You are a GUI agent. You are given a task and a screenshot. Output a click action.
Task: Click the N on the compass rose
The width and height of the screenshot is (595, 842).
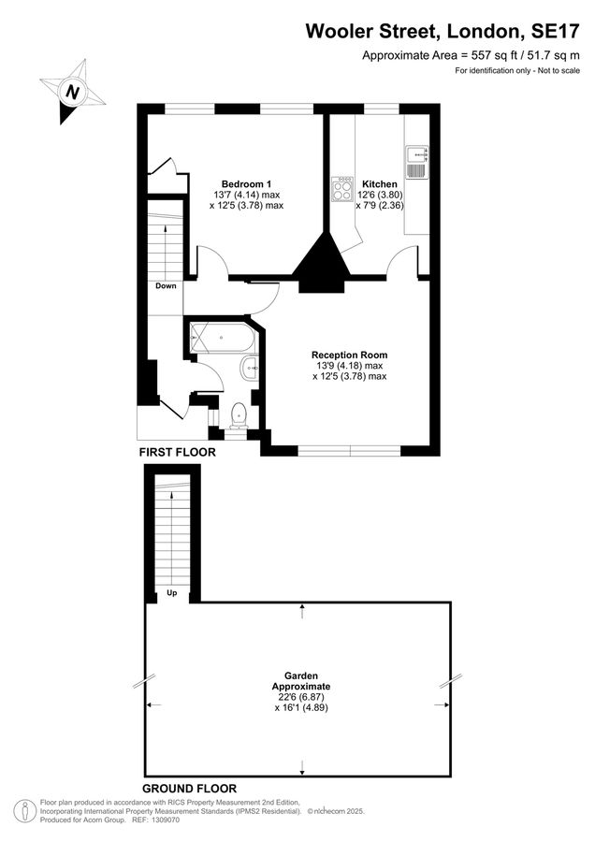(x=72, y=92)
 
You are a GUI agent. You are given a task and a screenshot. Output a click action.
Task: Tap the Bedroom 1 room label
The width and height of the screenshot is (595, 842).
(x=246, y=183)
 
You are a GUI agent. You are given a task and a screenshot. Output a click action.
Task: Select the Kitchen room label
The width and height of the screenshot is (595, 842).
(x=380, y=183)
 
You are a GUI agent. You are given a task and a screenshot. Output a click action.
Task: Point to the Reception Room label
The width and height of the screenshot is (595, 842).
(x=350, y=355)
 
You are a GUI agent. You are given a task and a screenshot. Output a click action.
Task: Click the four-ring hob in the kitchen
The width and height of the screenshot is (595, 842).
(x=342, y=189)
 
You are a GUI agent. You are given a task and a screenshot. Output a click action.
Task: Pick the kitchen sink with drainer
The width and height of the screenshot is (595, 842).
(x=417, y=162)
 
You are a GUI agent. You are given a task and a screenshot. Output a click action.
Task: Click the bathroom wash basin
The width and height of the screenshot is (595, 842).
(x=250, y=369)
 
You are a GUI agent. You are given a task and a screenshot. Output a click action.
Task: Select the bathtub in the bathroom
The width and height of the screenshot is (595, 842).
(x=223, y=337)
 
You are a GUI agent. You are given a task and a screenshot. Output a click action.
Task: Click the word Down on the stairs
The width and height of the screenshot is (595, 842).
(x=166, y=285)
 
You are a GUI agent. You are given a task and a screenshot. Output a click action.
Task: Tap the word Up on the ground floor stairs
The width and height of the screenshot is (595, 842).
(x=172, y=593)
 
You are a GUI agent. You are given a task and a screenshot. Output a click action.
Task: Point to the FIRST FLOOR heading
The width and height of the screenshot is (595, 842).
(x=177, y=452)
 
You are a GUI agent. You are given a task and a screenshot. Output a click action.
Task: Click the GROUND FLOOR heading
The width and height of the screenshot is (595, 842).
(x=189, y=789)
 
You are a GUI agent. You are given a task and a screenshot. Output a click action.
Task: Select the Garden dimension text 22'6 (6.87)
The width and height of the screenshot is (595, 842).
(x=301, y=697)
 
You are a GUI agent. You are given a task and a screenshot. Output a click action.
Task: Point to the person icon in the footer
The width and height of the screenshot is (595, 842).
(x=25, y=811)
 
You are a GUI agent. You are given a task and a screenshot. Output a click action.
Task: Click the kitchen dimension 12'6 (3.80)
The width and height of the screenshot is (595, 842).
(x=380, y=195)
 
